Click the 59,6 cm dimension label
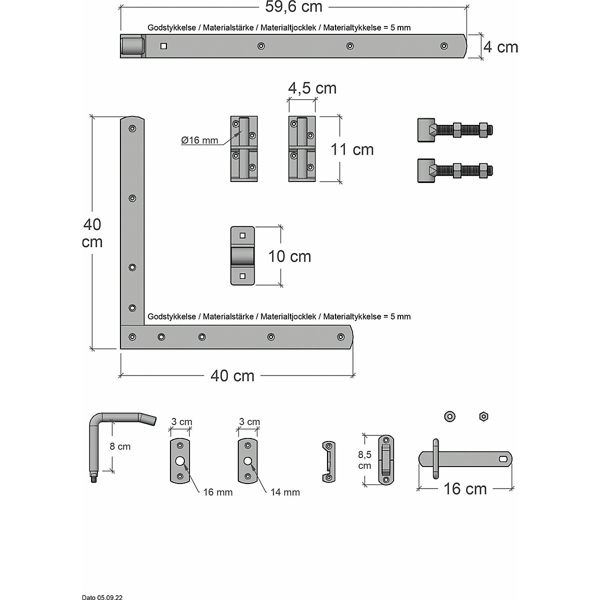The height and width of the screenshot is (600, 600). click(x=293, y=7)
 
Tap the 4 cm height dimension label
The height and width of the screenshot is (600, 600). click(x=501, y=47)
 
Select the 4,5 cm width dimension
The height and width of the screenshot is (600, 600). click(x=312, y=88)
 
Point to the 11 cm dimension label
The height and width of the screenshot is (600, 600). click(x=352, y=149)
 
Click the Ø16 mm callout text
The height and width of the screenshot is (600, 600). click(x=199, y=140)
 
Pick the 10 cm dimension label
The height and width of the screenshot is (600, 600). click(x=289, y=256)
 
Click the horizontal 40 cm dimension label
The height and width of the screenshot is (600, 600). click(x=232, y=375)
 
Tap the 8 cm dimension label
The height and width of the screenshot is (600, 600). click(x=120, y=446)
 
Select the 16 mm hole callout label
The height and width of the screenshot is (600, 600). click(x=217, y=492)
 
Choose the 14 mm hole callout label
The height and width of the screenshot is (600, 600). click(x=285, y=492)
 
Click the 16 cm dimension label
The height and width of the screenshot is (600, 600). click(x=465, y=488)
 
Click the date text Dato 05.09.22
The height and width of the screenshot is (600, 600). click(x=102, y=597)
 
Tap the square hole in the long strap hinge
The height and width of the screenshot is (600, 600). click(x=163, y=46)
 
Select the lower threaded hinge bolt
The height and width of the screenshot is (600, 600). click(x=455, y=171)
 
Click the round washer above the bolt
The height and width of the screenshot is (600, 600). click(x=449, y=416)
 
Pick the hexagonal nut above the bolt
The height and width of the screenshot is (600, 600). click(x=483, y=416)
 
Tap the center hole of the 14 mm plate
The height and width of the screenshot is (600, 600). click(x=247, y=461)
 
